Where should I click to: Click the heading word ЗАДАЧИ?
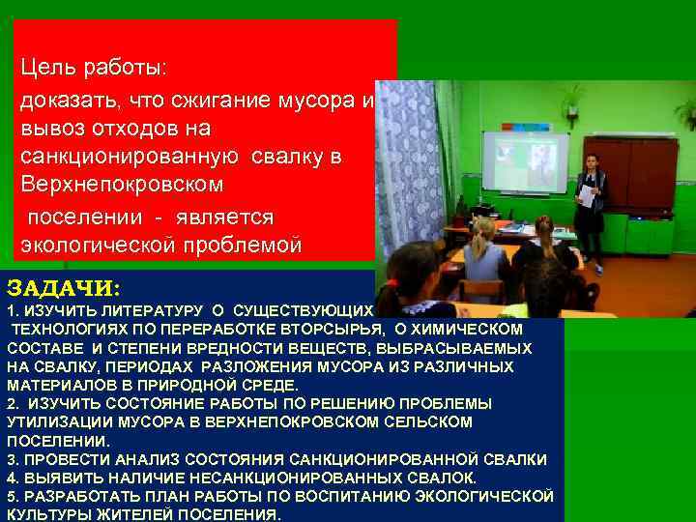coord(64,289)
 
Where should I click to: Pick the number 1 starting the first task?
coord(11,312)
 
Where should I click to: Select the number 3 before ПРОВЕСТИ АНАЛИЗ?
coord(11,459)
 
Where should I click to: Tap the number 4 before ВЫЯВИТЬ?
coord(11,478)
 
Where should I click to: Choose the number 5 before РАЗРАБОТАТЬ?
coord(11,496)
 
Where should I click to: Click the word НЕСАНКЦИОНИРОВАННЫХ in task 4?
coord(320,478)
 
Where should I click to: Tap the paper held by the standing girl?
coord(587,194)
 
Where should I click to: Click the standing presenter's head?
coord(591,161)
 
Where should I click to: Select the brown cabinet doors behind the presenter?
coord(637,174)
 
